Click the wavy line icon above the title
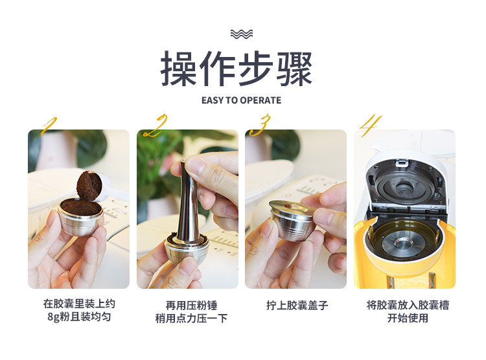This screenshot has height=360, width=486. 242,34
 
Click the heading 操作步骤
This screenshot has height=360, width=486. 236,69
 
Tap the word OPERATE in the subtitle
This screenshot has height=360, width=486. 260,100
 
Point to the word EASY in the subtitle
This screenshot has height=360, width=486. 213,100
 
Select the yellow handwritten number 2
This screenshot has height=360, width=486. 156,126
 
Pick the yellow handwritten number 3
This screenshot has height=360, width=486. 260,125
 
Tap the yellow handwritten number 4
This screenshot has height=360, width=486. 370,126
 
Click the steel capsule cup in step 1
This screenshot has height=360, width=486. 80,216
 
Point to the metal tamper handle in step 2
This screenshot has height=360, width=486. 188,201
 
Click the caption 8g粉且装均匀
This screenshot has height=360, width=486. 79,317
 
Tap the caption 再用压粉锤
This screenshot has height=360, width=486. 191,306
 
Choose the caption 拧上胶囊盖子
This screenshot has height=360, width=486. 297,306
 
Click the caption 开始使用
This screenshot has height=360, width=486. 408,318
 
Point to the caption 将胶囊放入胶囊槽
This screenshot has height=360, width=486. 408,305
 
